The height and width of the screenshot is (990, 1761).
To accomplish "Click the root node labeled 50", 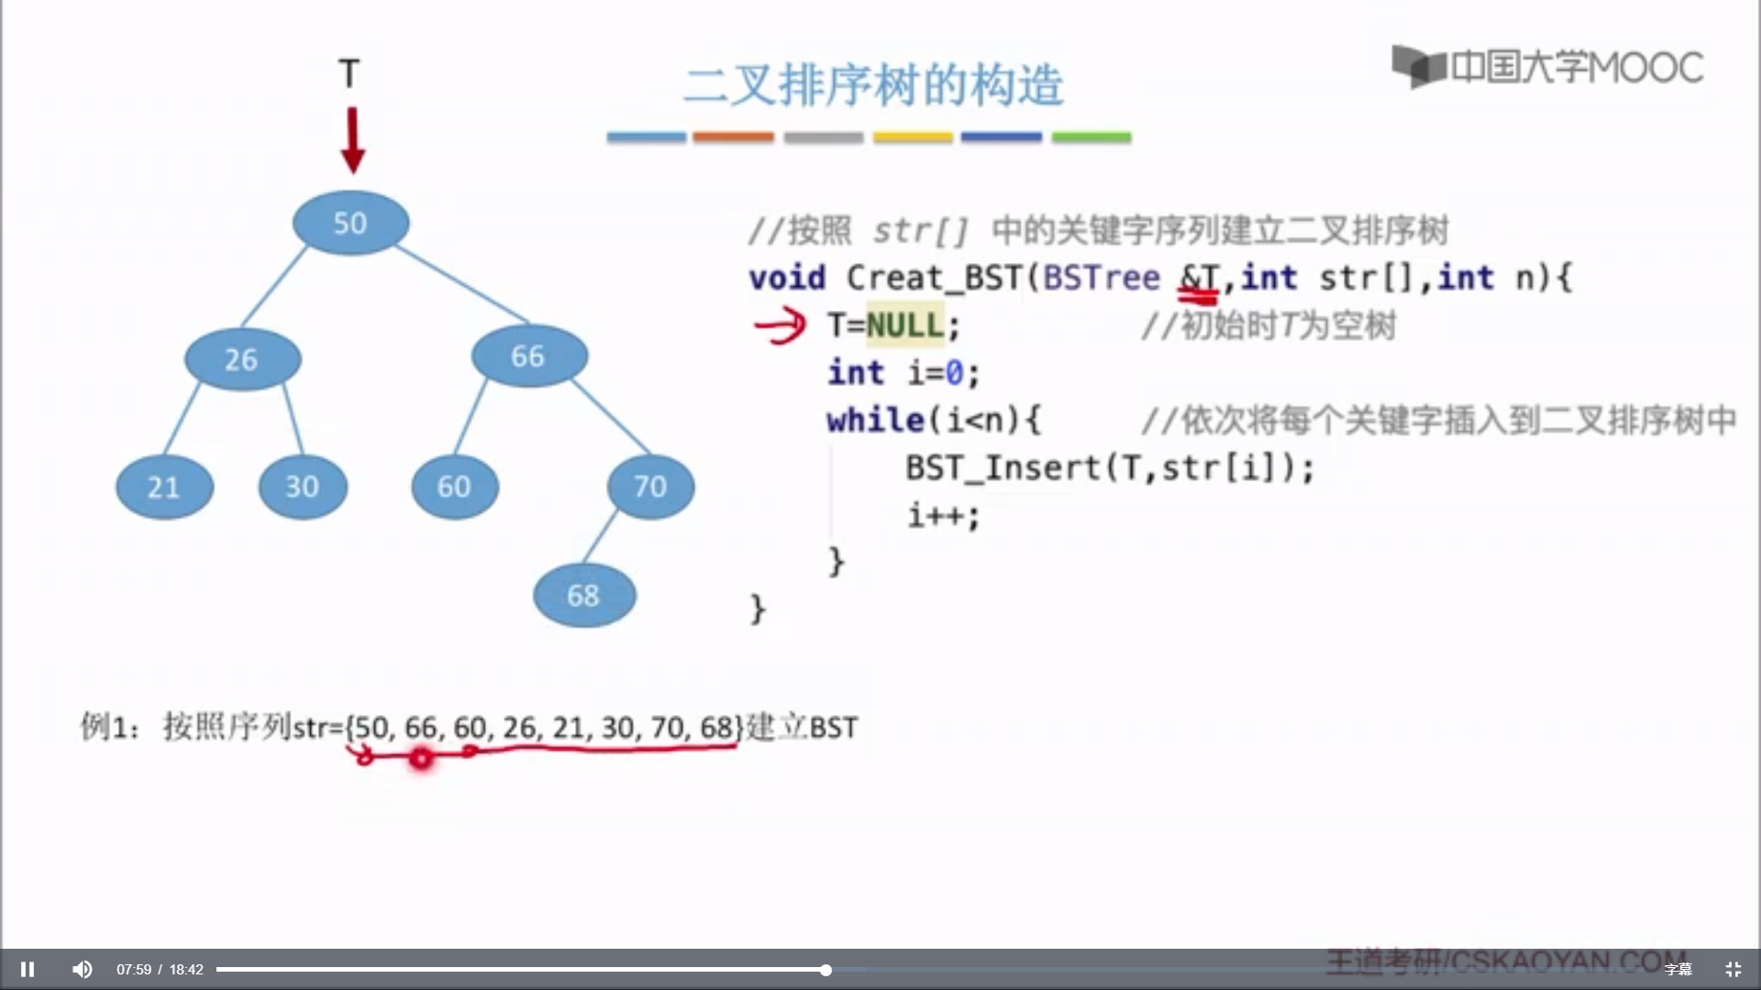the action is pos(350,223).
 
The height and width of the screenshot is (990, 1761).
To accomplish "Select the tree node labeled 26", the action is pos(242,358).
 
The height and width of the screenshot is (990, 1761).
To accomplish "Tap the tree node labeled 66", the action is pos(528,356).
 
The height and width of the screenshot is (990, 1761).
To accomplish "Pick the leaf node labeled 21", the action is pos(164,487).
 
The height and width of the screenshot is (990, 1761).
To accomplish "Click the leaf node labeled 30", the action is pos(303,487).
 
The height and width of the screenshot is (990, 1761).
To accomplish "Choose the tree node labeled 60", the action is pos(454,487).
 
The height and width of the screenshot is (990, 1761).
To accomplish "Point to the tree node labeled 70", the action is pos(650,486).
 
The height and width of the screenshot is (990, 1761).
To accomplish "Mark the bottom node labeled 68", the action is pos(583,595).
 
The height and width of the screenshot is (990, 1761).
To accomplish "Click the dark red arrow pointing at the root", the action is pos(352,140).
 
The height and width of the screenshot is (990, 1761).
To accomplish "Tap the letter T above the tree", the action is pos(349,73).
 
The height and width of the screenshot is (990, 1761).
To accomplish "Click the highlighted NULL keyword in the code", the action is pos(904,325).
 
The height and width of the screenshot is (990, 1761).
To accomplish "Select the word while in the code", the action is pos(875,420).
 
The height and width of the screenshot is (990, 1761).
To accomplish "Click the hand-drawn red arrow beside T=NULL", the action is pos(780,325).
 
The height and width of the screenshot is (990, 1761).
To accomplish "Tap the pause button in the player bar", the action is pos(28,969).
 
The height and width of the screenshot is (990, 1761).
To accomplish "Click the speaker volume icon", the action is pos(83,969).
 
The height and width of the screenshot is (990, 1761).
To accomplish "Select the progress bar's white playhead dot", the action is pos(825,970).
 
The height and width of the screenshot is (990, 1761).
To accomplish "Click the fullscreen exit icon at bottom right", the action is pos(1733,969).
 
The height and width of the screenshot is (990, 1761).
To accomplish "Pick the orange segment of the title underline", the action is pos(733,137).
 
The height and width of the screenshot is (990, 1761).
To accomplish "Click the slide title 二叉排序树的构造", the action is pos(873,85).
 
